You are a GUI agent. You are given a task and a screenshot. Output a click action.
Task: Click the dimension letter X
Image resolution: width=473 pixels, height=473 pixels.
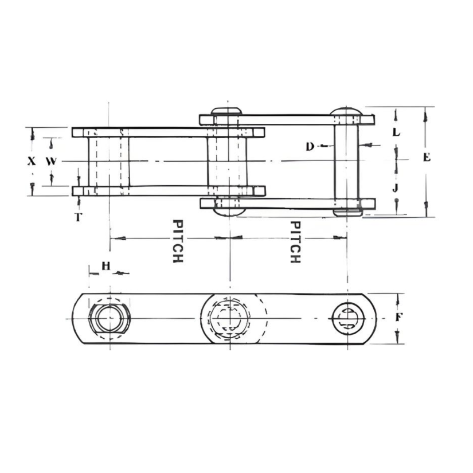[32, 161]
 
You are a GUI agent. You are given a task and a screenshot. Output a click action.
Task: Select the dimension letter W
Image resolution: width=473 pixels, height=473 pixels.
[52, 161]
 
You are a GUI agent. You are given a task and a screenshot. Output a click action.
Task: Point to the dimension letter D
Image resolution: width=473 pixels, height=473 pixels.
[310, 147]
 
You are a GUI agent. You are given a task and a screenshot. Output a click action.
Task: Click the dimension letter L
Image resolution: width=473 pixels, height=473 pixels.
[396, 132]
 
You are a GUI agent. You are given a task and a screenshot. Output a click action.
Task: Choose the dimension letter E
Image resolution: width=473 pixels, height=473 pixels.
[427, 157]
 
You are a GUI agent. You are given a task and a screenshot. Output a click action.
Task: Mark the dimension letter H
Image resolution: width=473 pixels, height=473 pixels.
[105, 265]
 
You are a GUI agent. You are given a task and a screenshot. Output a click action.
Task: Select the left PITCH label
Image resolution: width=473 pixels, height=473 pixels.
[178, 241]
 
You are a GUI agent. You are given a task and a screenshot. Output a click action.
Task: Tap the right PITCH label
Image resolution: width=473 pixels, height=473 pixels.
[295, 241]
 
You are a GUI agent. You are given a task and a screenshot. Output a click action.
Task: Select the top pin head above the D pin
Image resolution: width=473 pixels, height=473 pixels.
[346, 110]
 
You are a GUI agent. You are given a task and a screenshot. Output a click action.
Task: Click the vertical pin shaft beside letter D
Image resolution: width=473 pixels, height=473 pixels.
[346, 161]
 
